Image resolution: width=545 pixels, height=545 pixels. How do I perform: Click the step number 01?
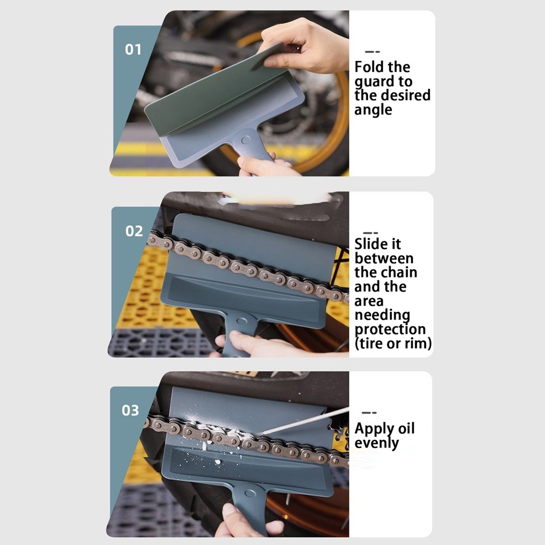[x=133, y=50]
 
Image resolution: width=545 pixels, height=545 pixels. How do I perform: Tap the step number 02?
[x=134, y=231]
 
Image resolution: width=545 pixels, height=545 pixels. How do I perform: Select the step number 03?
[x=130, y=410]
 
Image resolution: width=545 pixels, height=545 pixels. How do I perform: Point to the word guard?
[x=374, y=82]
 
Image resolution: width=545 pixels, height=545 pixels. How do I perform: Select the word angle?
[x=373, y=110]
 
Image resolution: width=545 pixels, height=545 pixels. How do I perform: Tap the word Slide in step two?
[x=373, y=244]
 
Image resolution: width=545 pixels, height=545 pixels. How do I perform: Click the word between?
[x=384, y=258]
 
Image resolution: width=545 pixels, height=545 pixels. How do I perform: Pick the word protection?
[x=390, y=329]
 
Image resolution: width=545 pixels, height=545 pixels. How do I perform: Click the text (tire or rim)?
[x=393, y=343]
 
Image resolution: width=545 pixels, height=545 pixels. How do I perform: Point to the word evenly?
[x=377, y=443]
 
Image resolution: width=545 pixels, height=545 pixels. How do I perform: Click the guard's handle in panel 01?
[x=251, y=145]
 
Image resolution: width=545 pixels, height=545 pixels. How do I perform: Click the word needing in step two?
[x=381, y=315]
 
